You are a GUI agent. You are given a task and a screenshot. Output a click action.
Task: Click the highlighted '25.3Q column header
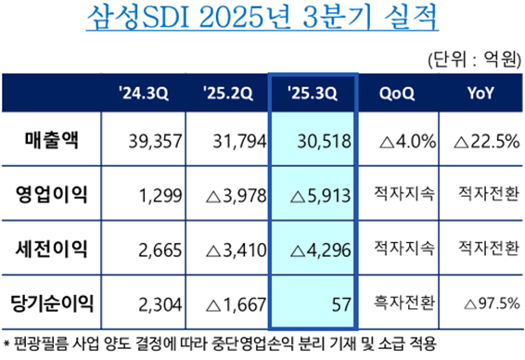point(312,93)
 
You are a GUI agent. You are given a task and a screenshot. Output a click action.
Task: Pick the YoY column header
point(480,93)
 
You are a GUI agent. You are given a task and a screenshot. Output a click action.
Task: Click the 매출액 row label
point(57,141)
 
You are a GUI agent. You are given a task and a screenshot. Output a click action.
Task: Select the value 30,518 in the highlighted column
point(325,142)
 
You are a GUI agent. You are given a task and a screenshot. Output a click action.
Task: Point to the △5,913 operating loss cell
point(320,195)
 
